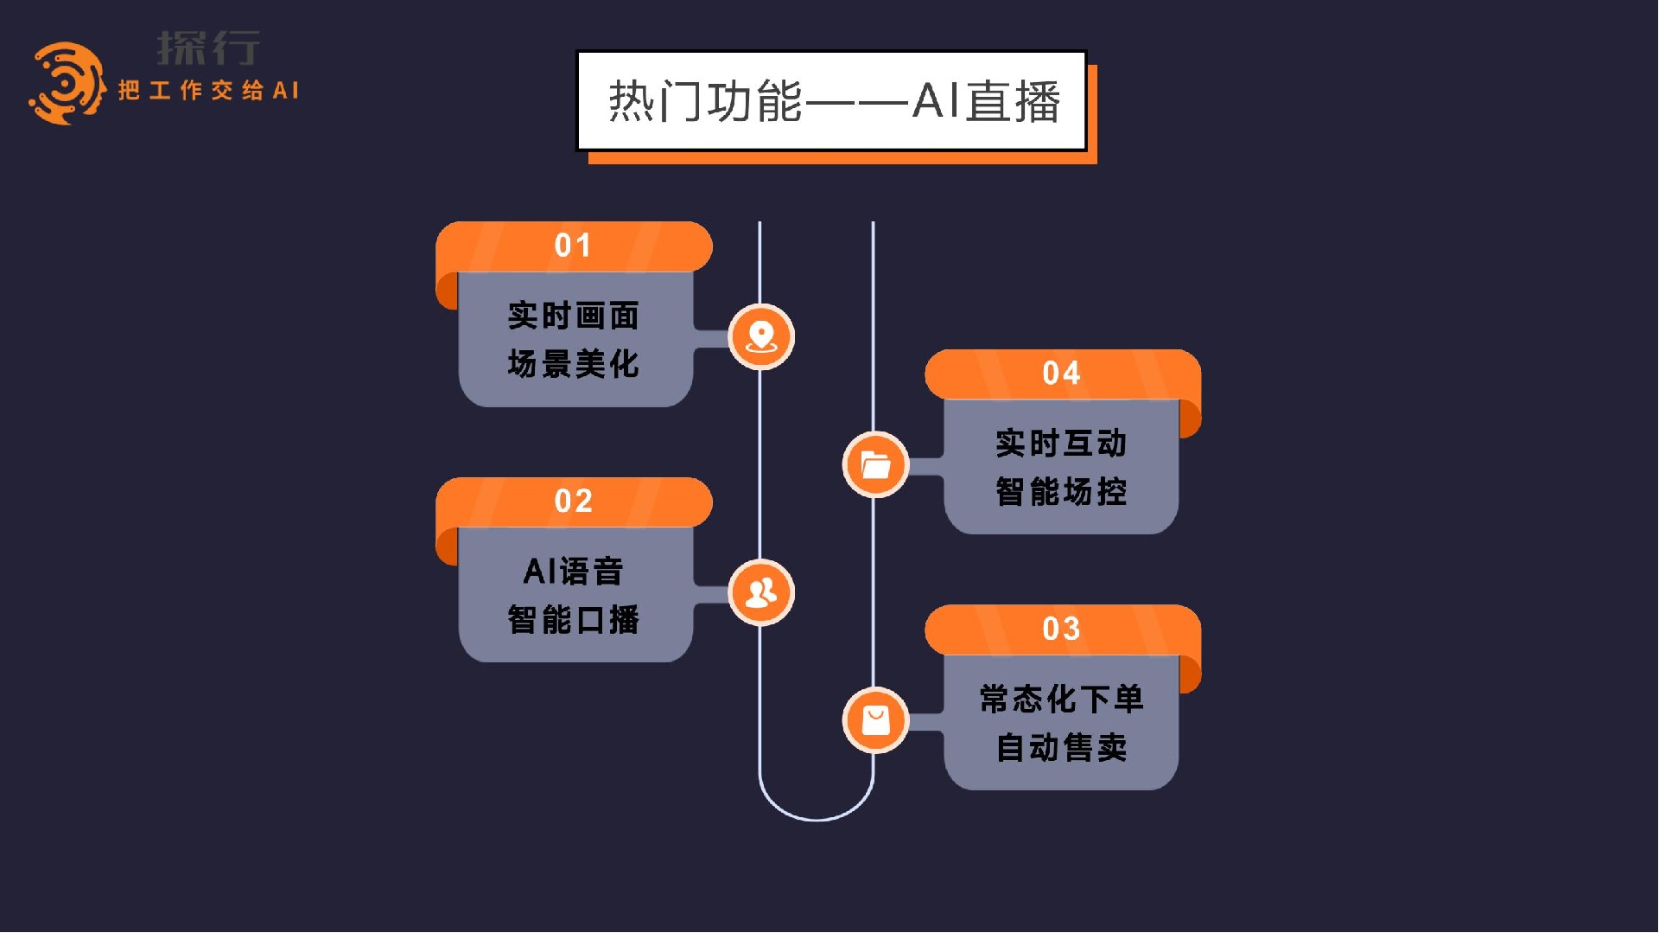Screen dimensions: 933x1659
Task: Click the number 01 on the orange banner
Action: [x=573, y=246]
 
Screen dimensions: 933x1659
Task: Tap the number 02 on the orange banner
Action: [x=573, y=502]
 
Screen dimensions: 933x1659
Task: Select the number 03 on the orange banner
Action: [x=1061, y=629]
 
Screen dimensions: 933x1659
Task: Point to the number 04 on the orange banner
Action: [x=1061, y=374]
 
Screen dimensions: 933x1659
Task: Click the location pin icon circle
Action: [x=760, y=336]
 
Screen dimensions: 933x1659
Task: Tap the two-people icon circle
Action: [x=760, y=592]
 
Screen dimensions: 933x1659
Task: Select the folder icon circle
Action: [x=875, y=464]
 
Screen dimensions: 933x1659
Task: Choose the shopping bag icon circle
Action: [x=875, y=719]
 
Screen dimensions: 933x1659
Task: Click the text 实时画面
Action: [x=573, y=316]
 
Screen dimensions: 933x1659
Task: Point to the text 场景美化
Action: [x=573, y=364]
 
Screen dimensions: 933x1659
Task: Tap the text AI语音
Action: [x=573, y=571]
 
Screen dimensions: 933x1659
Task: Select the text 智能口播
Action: [x=573, y=619]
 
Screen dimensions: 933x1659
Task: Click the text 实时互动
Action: [x=1061, y=444]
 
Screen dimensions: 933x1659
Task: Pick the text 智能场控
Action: [x=1061, y=492]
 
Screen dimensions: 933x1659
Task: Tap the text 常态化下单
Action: [x=1061, y=699]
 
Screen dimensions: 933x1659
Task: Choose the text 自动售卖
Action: [x=1061, y=747]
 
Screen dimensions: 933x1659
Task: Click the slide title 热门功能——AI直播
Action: [x=832, y=101]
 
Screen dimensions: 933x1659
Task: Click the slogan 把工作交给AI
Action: [x=208, y=91]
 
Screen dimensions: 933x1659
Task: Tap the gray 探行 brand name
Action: [x=208, y=48]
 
